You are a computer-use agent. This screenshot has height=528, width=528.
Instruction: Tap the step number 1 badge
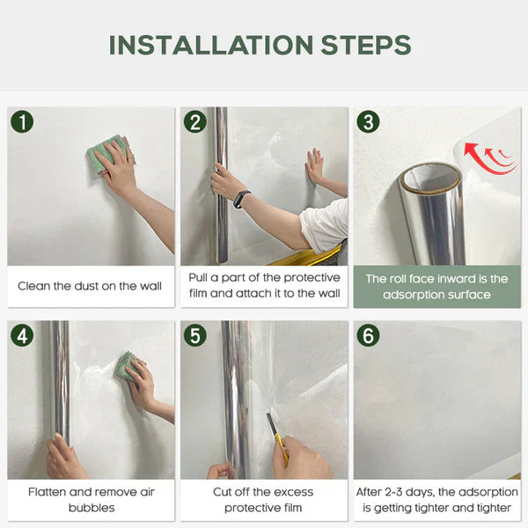point(21,121)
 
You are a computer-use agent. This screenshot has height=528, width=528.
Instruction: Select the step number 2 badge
point(194,121)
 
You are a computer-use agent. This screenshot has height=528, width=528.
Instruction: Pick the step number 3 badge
point(368,121)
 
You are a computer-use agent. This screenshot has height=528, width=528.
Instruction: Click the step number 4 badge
point(21,334)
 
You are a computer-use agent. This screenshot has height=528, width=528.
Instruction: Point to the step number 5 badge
point(194,334)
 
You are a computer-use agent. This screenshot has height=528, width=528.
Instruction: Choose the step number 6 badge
point(368,334)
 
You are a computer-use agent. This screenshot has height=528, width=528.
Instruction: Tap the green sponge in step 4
point(127,364)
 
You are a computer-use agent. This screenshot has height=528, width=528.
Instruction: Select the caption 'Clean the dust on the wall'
point(90,286)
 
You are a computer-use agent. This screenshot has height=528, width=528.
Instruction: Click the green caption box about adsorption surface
point(436,286)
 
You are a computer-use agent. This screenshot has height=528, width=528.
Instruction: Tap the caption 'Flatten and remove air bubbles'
point(90,500)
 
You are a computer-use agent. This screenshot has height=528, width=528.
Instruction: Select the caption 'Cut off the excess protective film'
point(263,500)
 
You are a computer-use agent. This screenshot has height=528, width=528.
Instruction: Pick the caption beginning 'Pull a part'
point(263,286)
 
